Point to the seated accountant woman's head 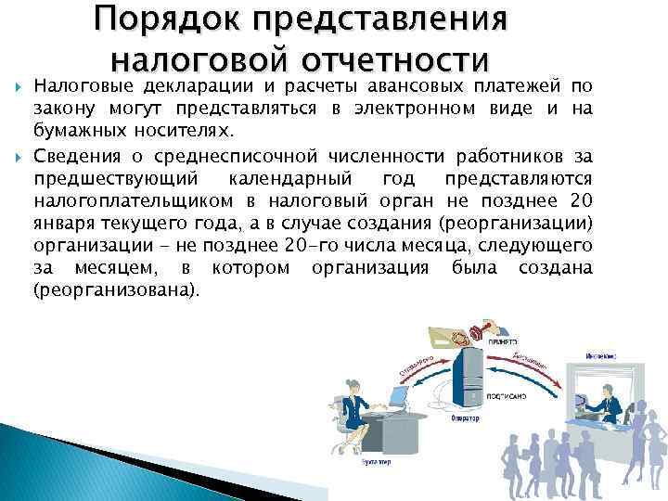point(353,380)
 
